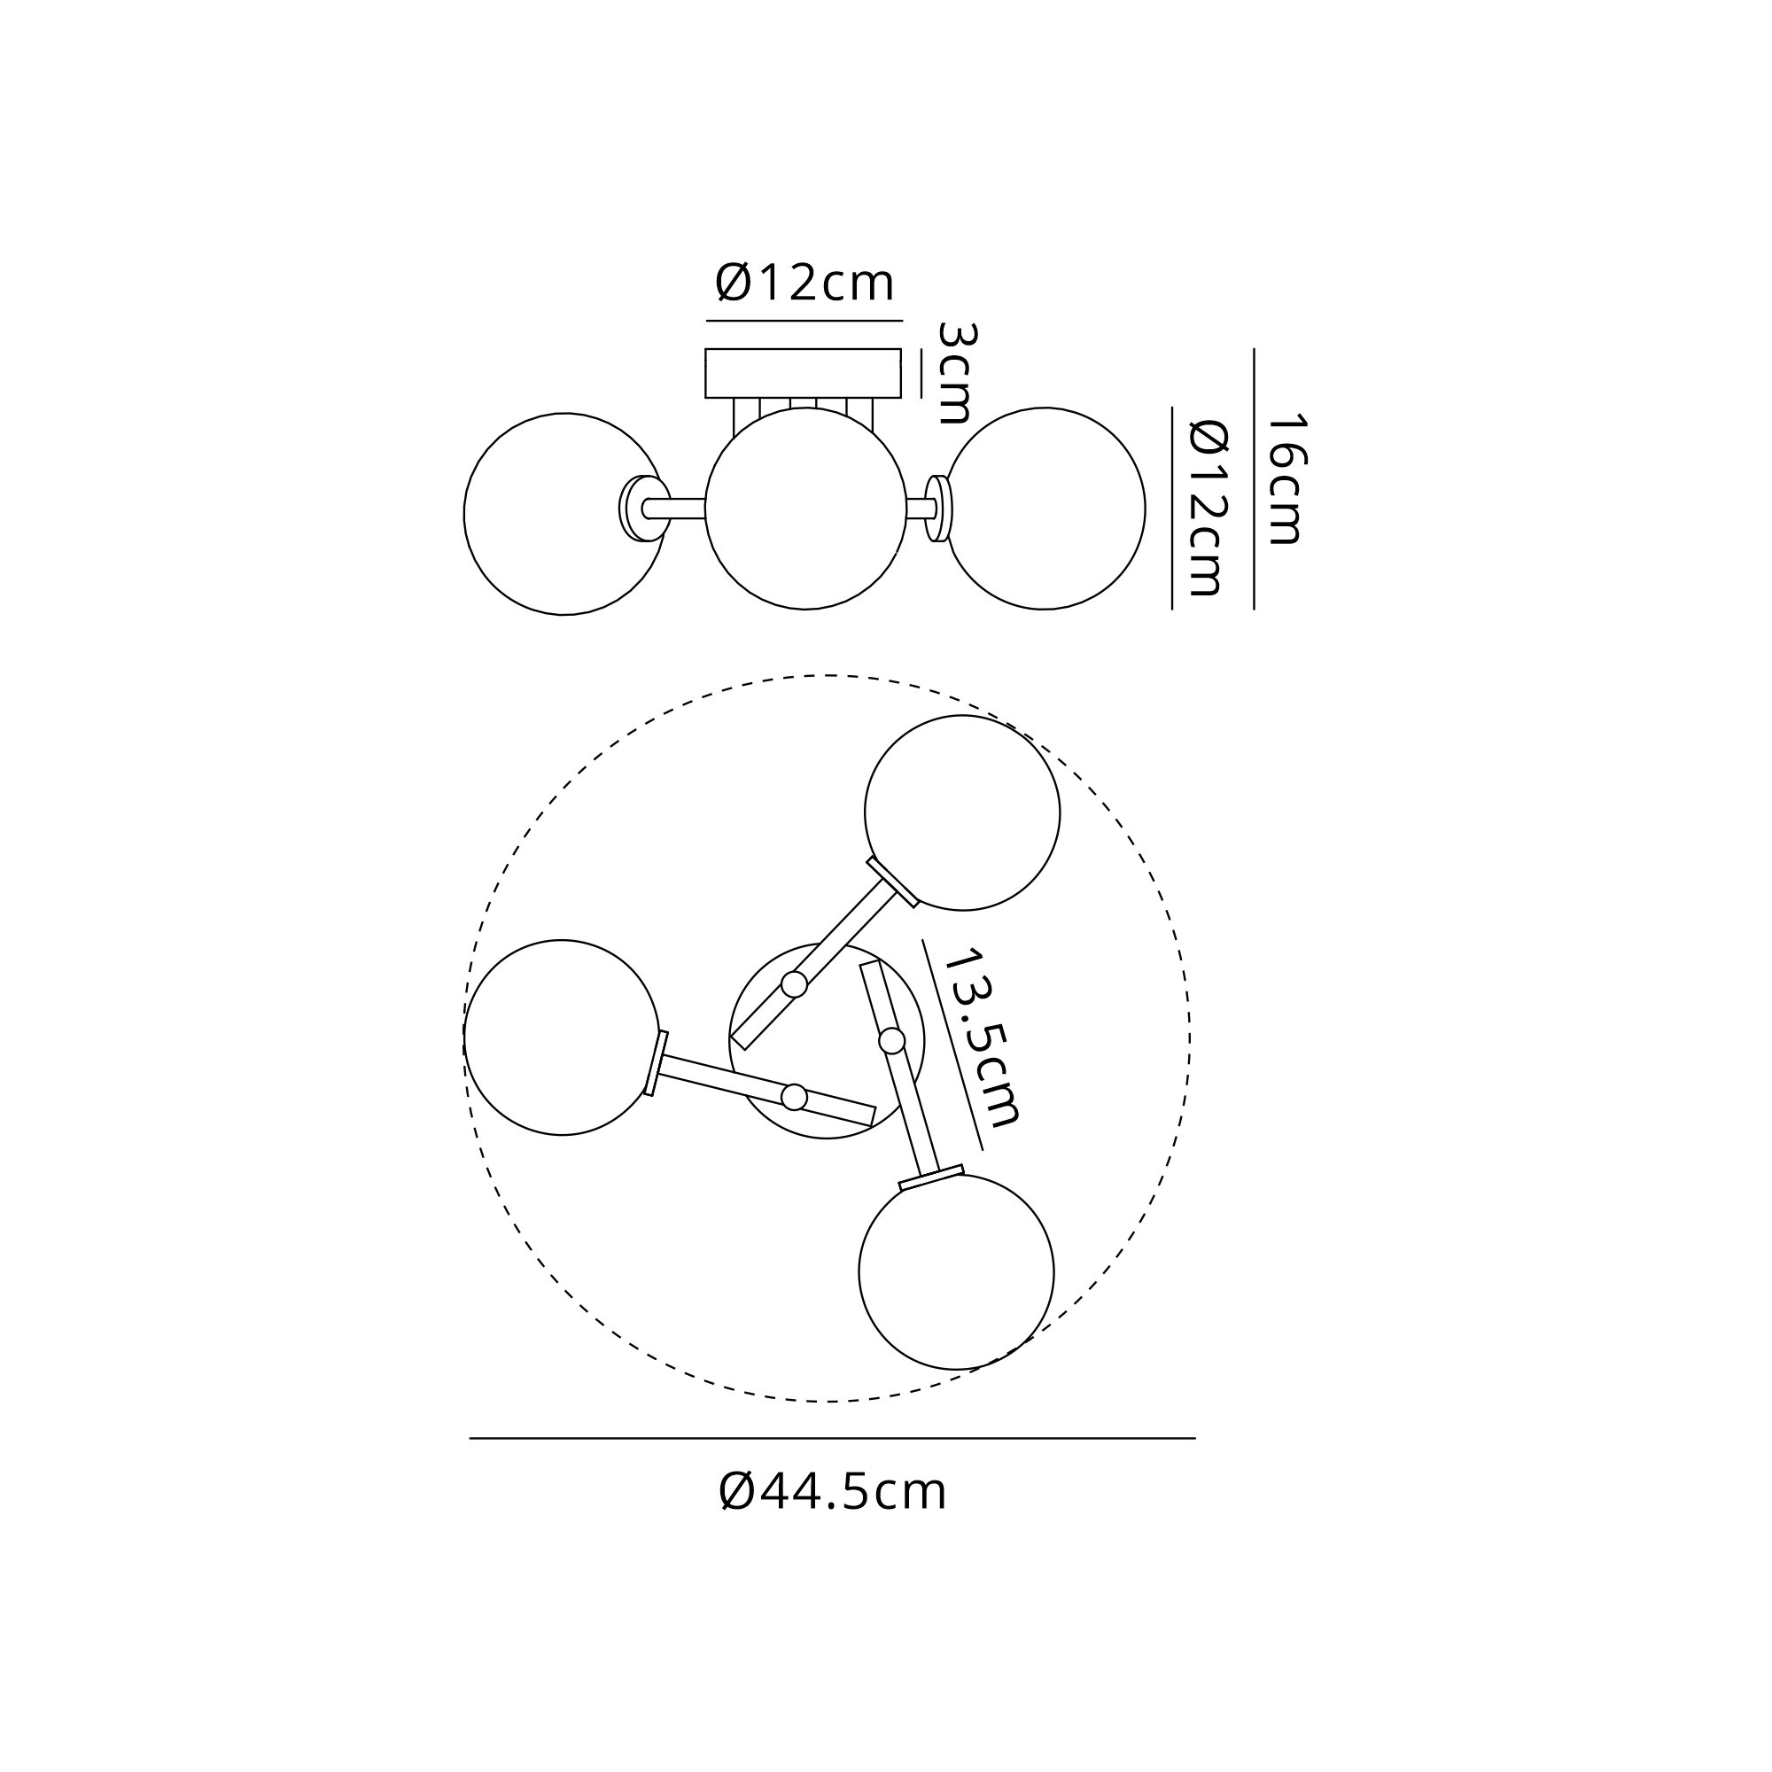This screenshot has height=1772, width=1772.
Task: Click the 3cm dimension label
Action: (x=954, y=372)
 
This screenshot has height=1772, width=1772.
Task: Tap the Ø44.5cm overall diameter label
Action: (x=833, y=1492)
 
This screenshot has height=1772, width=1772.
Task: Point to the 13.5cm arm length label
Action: (x=983, y=1038)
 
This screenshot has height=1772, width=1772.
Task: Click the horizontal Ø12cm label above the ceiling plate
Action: (x=804, y=283)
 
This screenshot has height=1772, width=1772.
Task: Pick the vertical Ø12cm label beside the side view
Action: (x=1208, y=507)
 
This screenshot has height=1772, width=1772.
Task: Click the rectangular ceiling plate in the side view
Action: (x=803, y=373)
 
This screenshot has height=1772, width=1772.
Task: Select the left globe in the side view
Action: (x=564, y=514)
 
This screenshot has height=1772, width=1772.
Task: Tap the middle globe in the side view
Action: (x=805, y=508)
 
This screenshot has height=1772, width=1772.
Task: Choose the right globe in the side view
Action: (x=1045, y=508)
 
